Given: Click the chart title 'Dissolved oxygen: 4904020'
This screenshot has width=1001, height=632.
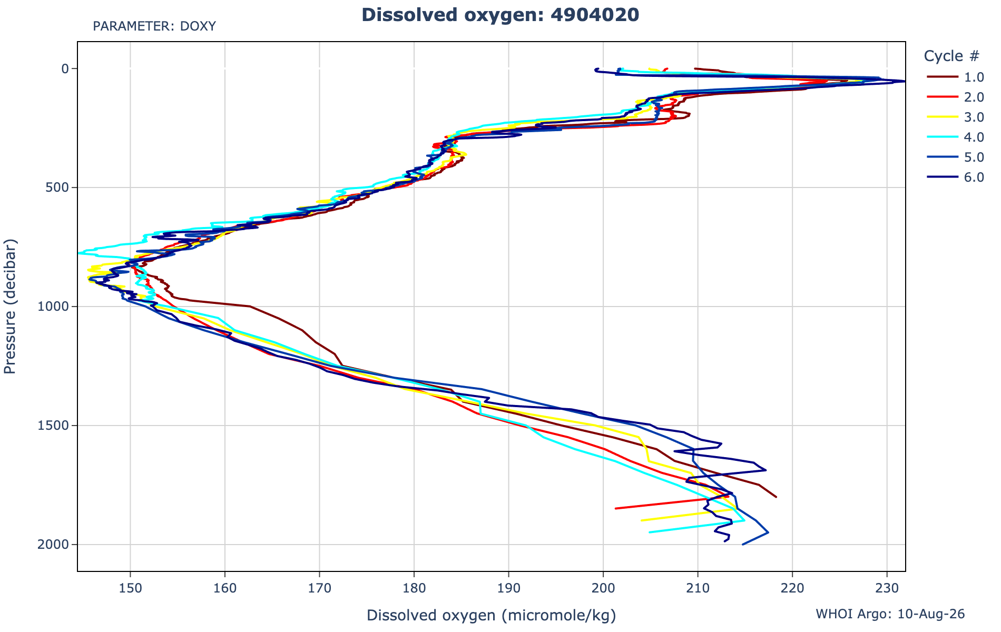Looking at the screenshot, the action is point(500,15).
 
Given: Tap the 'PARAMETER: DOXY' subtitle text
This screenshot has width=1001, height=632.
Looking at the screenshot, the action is point(154,26).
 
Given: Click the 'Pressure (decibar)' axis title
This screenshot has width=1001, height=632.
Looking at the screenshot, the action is point(10,307).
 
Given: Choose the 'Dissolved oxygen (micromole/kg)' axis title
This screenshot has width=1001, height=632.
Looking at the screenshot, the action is point(491,615).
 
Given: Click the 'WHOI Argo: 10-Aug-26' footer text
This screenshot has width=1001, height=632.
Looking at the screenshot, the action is point(890,614).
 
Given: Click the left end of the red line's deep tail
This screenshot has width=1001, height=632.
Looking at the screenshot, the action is point(615,509).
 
